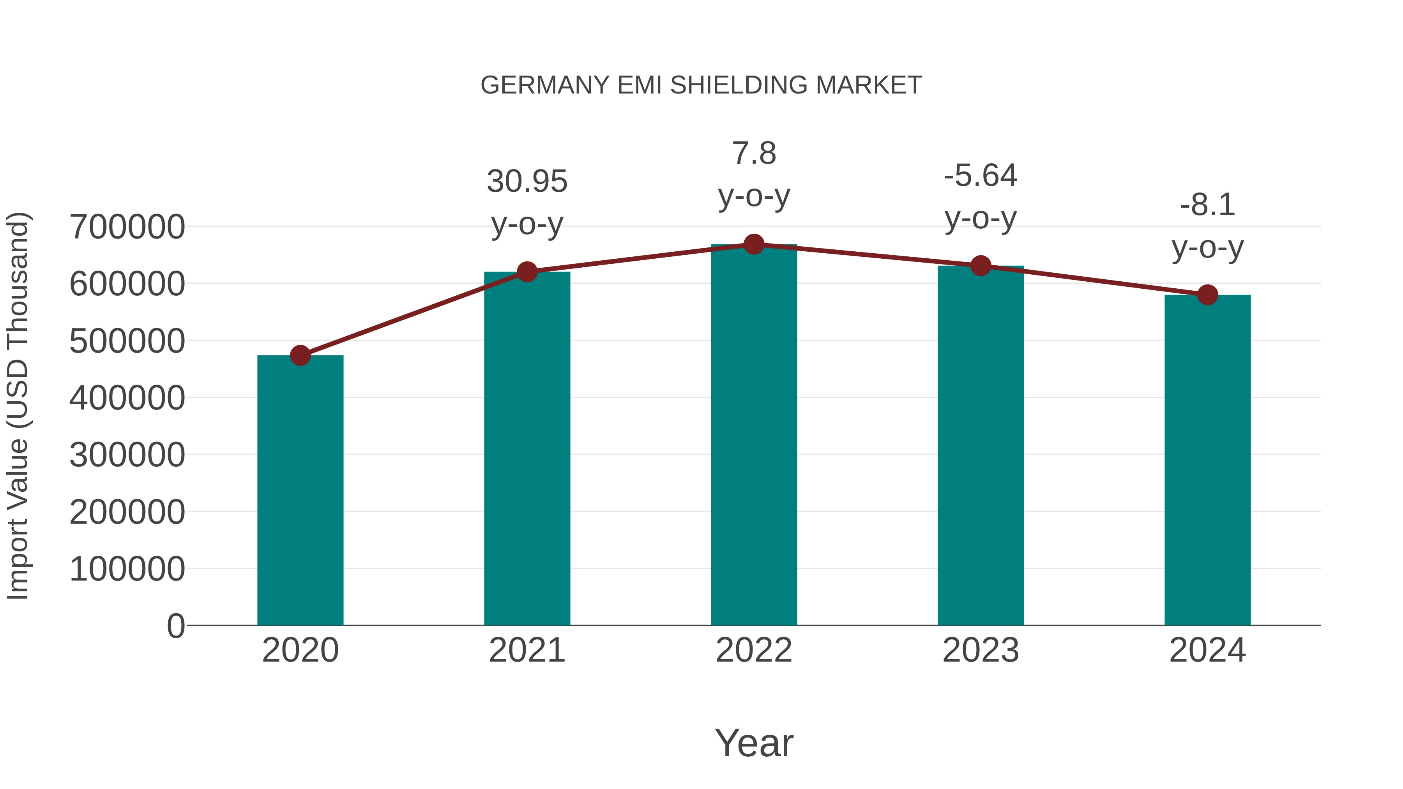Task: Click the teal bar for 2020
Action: coord(300,490)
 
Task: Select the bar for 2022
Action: coord(754,436)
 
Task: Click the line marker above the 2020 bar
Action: coord(300,356)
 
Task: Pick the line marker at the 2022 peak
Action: coord(754,244)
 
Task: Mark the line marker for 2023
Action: coord(981,266)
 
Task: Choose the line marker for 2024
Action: coord(1207,295)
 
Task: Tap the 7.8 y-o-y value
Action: coord(754,153)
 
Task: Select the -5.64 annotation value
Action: coord(981,175)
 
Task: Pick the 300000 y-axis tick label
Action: coord(127,455)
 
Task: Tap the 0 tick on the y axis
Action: coord(175,626)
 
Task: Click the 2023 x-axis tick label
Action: coord(981,650)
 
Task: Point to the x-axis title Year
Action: coord(754,743)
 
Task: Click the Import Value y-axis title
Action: coord(18,406)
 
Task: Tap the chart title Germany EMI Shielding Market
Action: coord(701,85)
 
